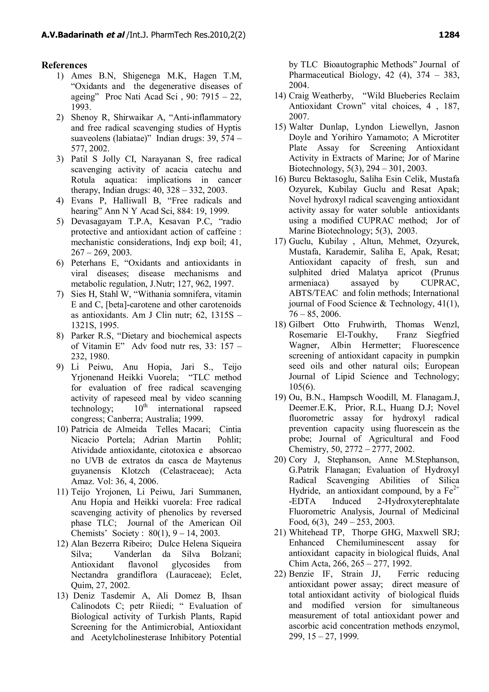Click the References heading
[x=64, y=65]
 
